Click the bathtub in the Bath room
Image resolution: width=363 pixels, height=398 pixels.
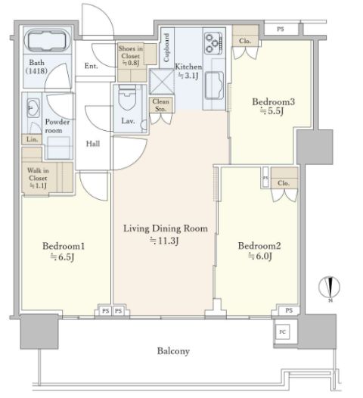(48, 40)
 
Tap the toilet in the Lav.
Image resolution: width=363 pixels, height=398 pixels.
(128, 98)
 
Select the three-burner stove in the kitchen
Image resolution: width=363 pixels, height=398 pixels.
(213, 43)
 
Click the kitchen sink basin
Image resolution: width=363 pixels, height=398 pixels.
(214, 86)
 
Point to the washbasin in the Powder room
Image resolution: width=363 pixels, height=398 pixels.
(33, 108)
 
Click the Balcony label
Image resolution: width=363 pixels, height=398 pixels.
(173, 351)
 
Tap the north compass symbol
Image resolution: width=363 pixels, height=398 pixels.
(329, 288)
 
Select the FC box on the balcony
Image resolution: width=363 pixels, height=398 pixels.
(282, 331)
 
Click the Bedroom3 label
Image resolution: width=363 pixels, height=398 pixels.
(273, 102)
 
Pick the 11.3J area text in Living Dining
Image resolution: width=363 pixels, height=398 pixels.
(164, 241)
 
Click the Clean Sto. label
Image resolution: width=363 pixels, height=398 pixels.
(160, 105)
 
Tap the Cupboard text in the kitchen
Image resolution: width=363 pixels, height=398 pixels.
(166, 48)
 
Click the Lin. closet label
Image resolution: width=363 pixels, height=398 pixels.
(32, 139)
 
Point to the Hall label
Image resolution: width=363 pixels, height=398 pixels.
(93, 144)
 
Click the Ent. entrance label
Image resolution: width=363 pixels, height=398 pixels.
(91, 66)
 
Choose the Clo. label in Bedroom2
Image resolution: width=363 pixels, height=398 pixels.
(283, 183)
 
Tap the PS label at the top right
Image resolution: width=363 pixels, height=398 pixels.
(281, 29)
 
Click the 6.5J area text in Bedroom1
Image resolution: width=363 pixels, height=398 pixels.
(63, 257)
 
